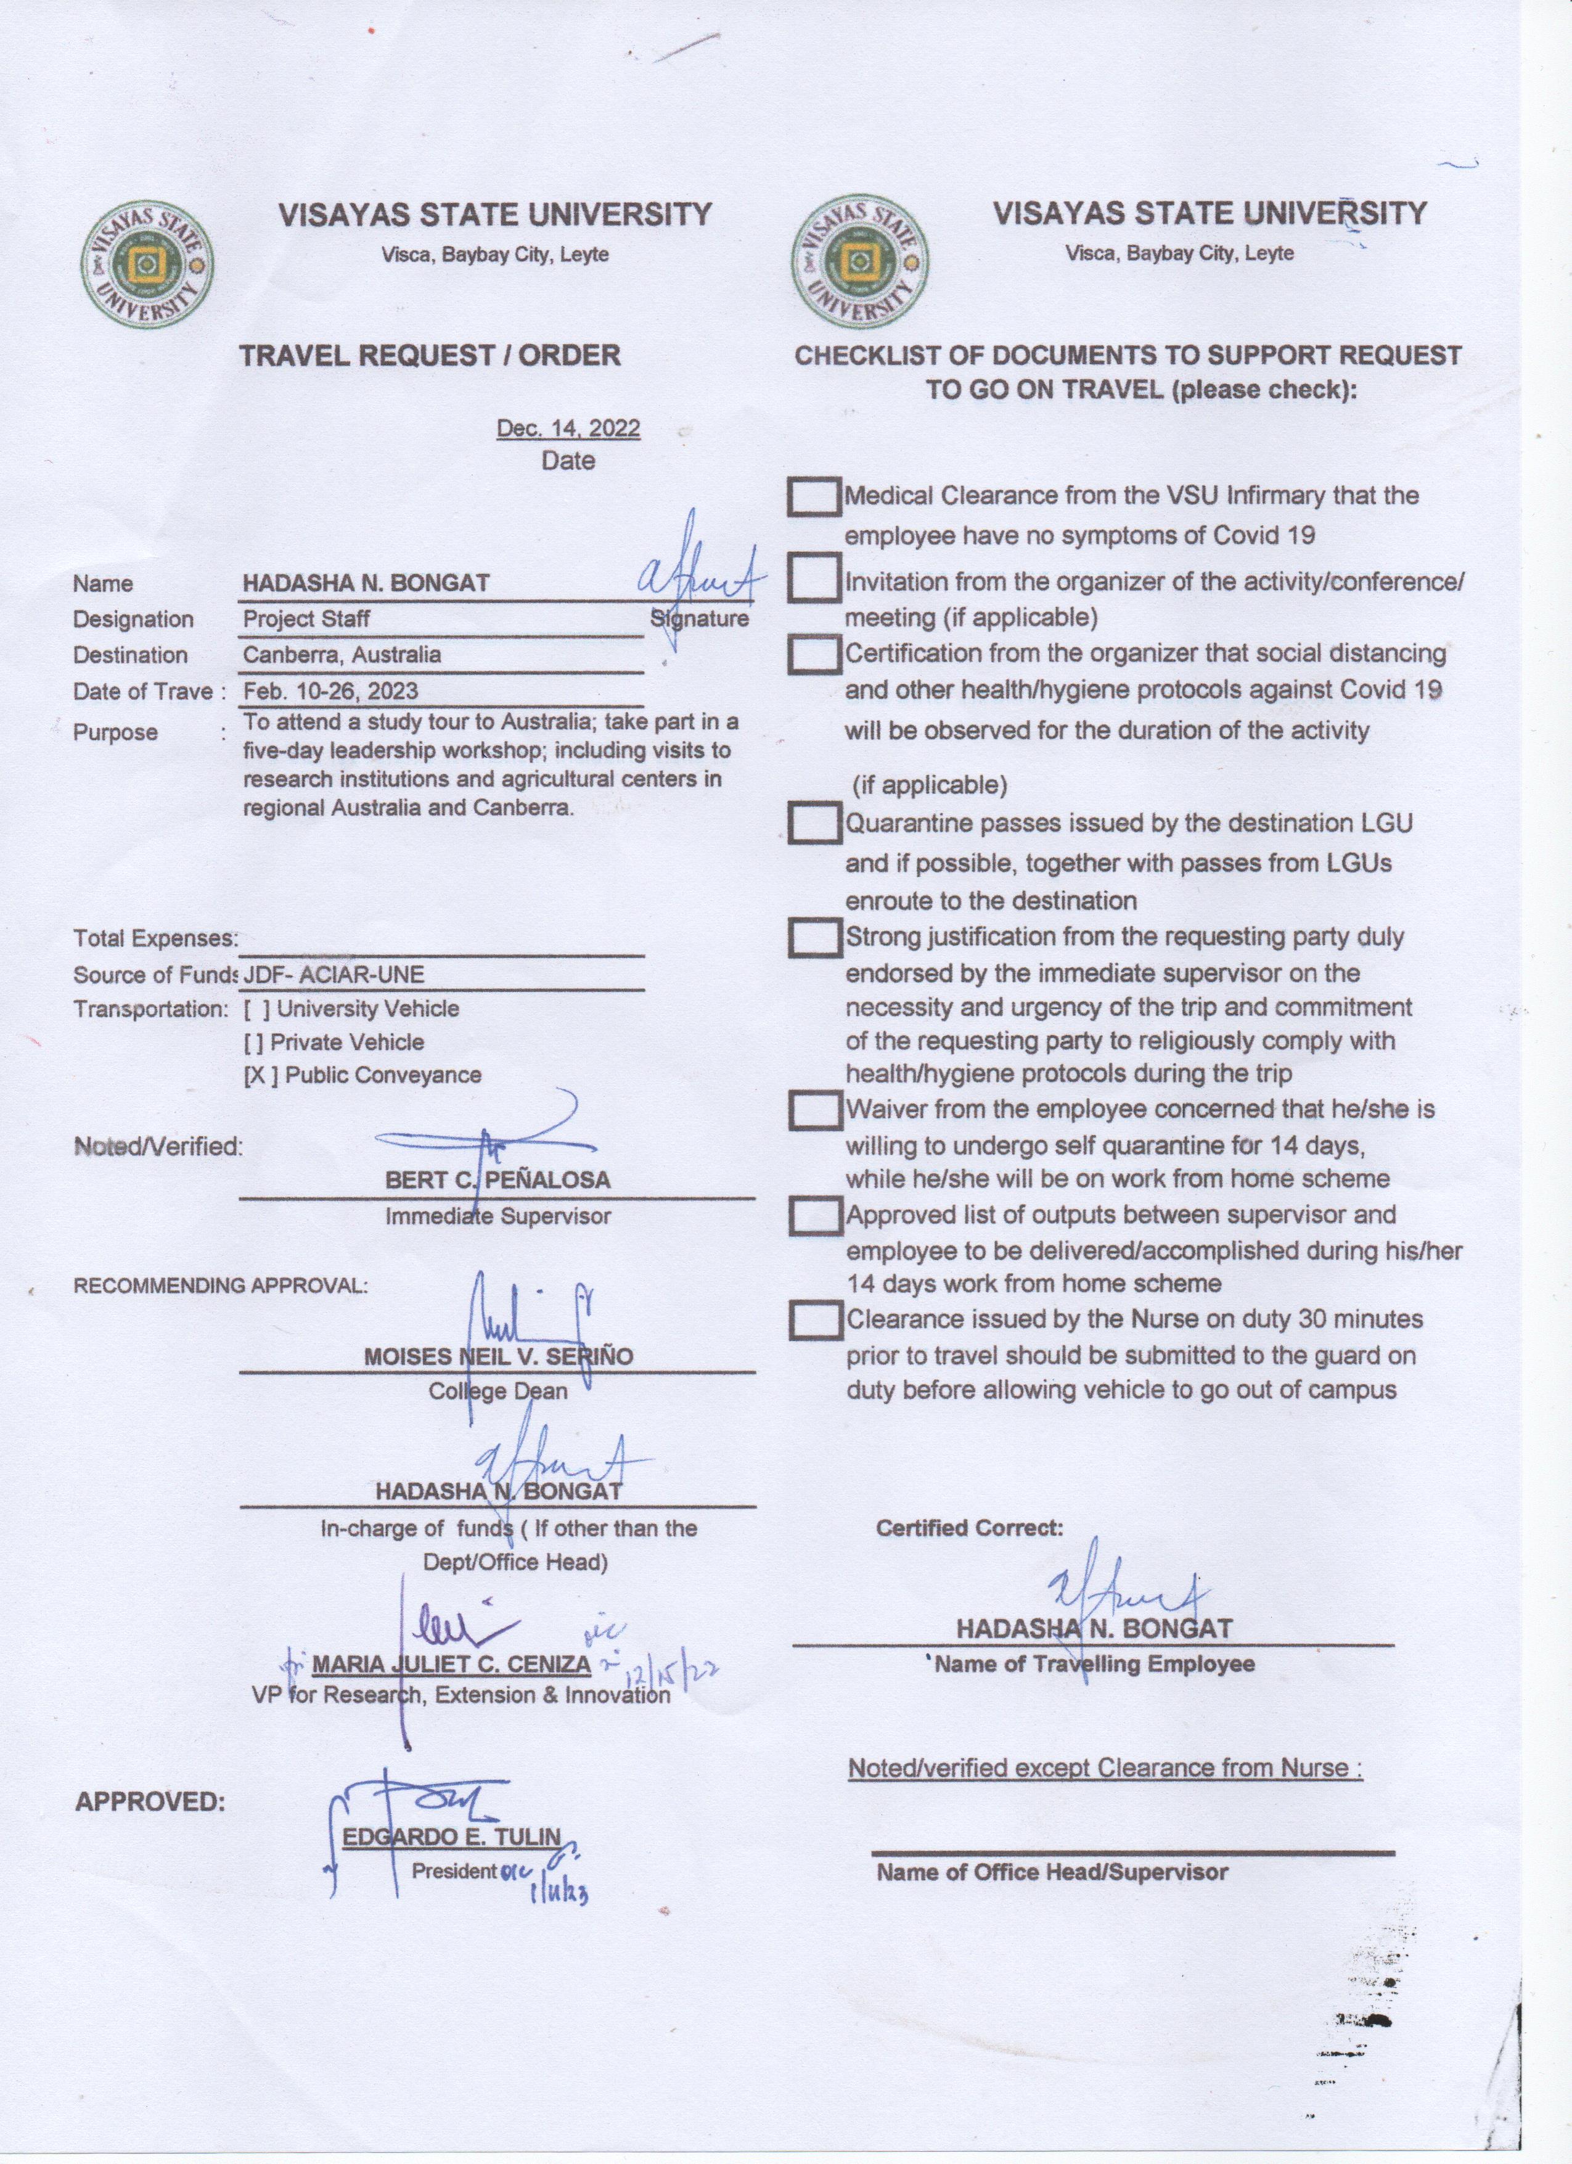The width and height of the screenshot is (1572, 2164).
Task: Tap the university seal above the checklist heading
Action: pyautogui.click(x=859, y=263)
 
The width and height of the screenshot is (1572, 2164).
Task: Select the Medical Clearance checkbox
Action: pyautogui.click(x=814, y=496)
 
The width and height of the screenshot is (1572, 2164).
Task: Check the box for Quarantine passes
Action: pyautogui.click(x=814, y=822)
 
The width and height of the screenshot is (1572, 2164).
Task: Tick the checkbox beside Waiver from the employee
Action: pyautogui.click(x=814, y=1110)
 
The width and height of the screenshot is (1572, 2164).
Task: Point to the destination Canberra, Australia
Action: pyautogui.click(x=342, y=655)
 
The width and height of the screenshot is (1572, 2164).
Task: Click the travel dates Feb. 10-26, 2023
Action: pyautogui.click(x=330, y=691)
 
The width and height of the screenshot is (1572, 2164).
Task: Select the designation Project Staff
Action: pyautogui.click(x=306, y=618)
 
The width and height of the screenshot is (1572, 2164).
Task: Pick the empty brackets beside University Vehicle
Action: pyautogui.click(x=256, y=1009)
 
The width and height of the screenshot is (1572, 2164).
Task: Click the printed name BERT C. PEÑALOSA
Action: pyautogui.click(x=497, y=1180)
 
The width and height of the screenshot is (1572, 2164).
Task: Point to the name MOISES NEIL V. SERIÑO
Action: pyautogui.click(x=498, y=1356)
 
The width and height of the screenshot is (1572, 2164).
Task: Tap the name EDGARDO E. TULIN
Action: pyautogui.click(x=451, y=1836)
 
